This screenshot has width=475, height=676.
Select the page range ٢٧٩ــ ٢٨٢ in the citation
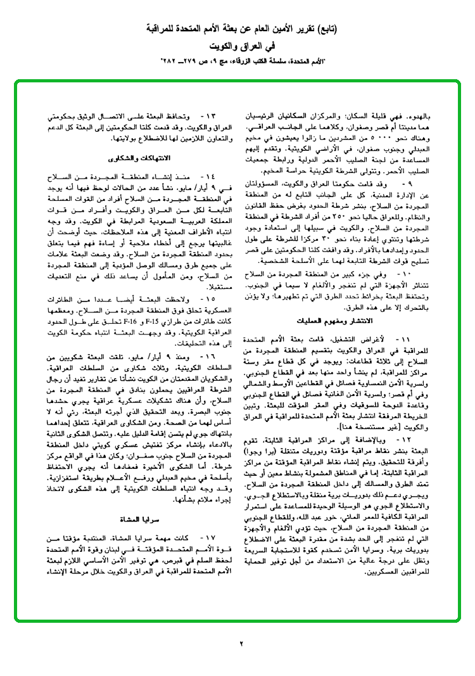[179, 63]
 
